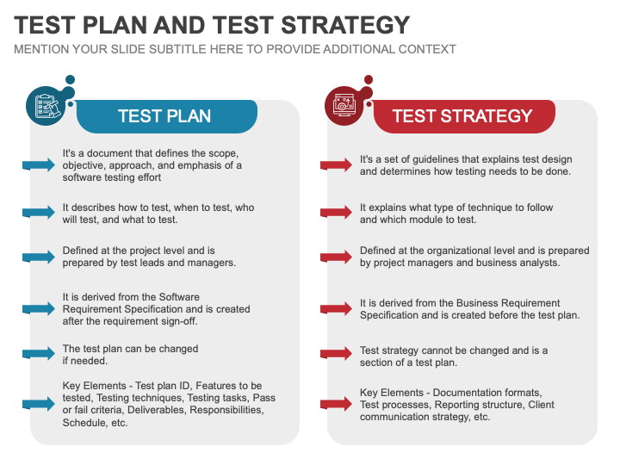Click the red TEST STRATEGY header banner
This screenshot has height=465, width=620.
[462, 116]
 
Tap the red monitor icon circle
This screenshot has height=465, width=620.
[344, 106]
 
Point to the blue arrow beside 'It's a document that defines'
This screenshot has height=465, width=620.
[39, 165]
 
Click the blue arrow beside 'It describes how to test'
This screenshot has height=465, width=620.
[39, 213]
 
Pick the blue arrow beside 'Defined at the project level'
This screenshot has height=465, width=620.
[39, 257]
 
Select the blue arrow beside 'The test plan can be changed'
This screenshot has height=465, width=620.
[39, 354]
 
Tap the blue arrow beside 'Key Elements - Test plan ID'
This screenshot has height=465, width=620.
[39, 404]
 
